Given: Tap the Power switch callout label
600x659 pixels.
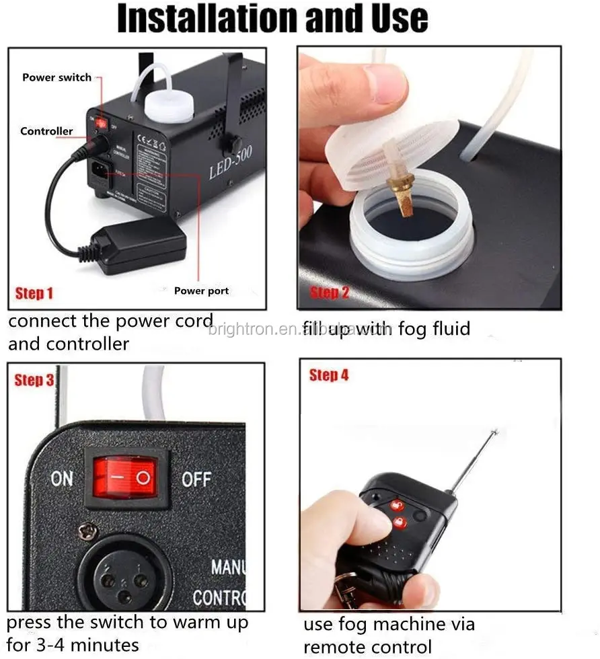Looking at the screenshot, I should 57,77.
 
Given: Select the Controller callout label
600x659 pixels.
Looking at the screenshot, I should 46,131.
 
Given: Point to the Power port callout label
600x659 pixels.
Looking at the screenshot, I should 201,291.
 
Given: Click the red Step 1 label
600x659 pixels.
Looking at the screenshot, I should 34,293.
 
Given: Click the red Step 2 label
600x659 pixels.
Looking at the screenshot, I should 329,293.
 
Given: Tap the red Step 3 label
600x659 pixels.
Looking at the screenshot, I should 34,380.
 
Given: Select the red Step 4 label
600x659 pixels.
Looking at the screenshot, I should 329,375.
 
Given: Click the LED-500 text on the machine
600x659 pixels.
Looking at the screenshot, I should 231,163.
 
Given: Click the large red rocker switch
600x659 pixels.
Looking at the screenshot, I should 125,478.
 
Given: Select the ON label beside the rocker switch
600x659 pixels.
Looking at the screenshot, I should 62,479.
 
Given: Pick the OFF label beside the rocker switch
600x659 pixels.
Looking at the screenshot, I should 196,479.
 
